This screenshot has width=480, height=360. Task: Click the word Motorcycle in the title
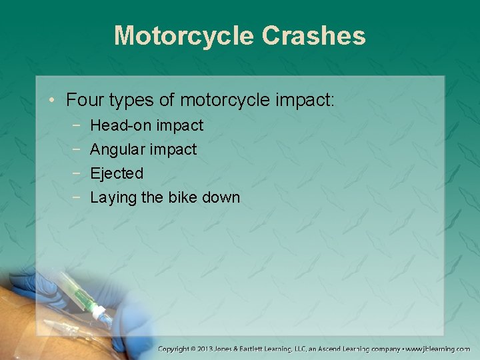pyautogui.click(x=184, y=35)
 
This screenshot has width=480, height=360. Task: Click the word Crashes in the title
pyautogui.click(x=313, y=35)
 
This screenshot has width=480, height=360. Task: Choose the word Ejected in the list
pyautogui.click(x=117, y=173)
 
